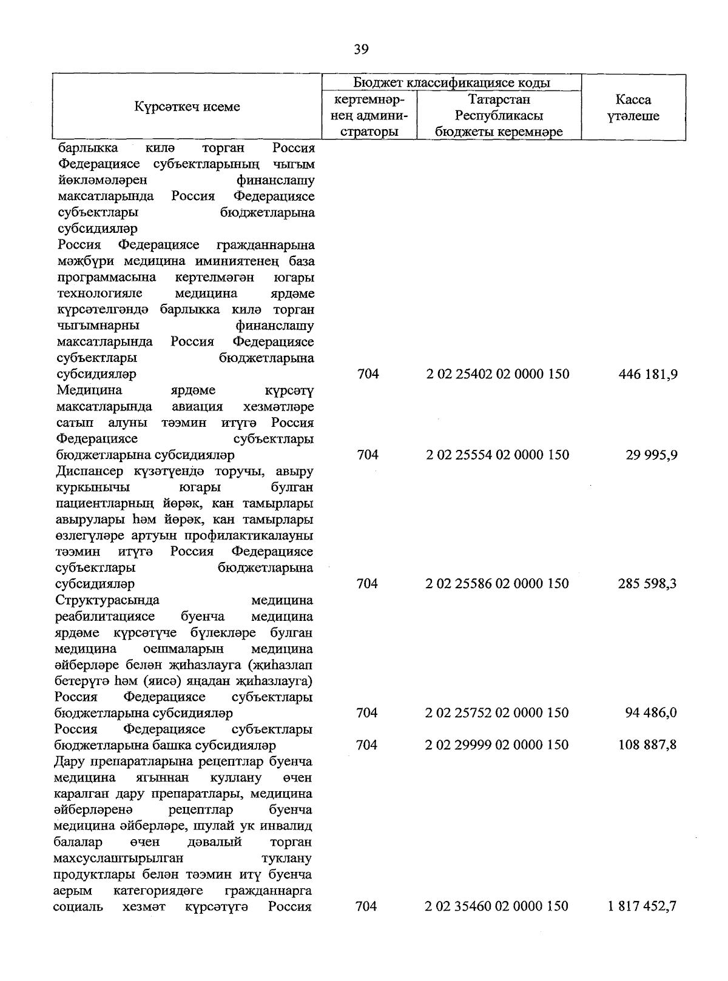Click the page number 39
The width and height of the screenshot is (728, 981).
click(x=361, y=50)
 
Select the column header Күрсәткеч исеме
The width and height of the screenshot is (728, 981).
click(x=187, y=107)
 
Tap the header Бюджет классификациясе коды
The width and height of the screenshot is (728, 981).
click(x=452, y=83)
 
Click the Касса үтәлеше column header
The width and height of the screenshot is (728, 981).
click(x=633, y=108)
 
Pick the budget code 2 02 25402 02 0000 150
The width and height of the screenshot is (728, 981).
click(x=498, y=374)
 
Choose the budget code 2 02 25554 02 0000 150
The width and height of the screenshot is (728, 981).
click(x=498, y=455)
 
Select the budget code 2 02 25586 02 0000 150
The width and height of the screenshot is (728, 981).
click(x=497, y=584)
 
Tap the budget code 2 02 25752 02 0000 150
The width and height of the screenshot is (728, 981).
click(x=497, y=713)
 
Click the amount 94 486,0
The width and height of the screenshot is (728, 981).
click(x=651, y=713)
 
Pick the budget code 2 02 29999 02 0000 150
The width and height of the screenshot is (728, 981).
click(x=497, y=745)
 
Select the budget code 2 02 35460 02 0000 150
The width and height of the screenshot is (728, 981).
click(x=497, y=906)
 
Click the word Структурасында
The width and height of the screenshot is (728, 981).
click(x=107, y=600)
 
